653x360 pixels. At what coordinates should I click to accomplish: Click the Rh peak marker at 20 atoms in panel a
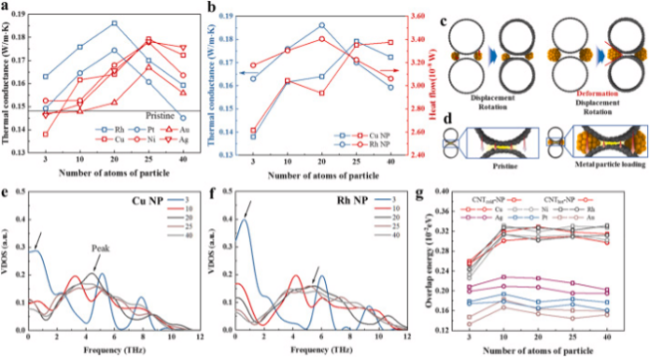point(114,22)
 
